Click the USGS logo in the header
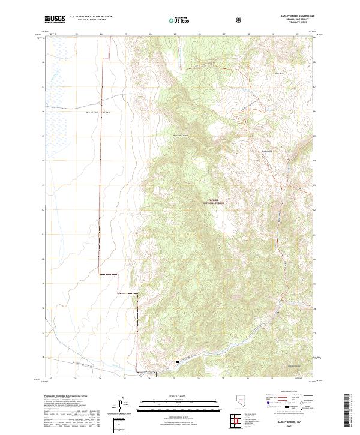[x=55, y=19]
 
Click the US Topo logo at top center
[x=180, y=20]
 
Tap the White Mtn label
[x=278, y=74]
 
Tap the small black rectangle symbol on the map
[x=177, y=362]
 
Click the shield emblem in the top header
[x=240, y=19]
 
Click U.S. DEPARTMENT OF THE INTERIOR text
[x=90, y=17]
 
